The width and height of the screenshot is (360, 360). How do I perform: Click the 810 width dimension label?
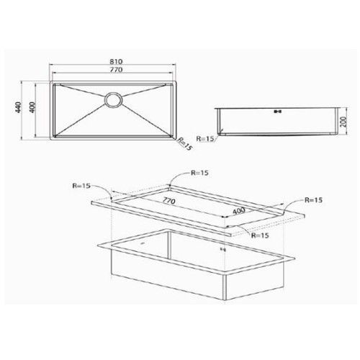[116, 61]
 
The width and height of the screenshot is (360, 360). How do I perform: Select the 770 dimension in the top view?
[116, 70]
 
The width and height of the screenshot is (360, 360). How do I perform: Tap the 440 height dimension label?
[18, 107]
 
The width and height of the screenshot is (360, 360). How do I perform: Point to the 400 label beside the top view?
[32, 107]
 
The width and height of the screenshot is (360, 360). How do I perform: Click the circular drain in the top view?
[113, 100]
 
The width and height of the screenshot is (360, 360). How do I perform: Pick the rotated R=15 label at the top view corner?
[185, 144]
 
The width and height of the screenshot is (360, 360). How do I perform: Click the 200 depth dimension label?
[344, 122]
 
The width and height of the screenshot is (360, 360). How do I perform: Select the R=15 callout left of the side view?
[205, 139]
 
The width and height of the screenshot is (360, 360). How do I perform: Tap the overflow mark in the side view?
[277, 112]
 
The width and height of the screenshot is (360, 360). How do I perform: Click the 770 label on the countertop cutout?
[169, 201]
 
